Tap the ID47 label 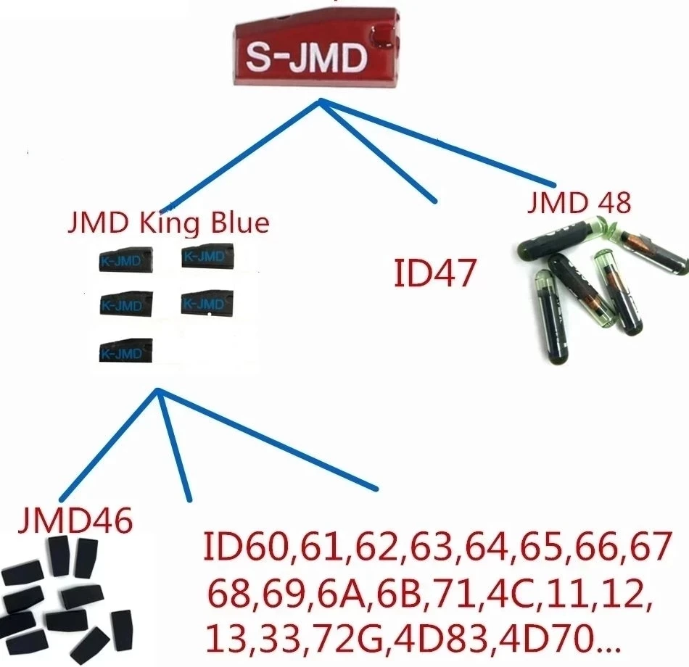pyautogui.click(x=433, y=273)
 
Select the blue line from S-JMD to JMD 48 pyautogui.click(x=435, y=142)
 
